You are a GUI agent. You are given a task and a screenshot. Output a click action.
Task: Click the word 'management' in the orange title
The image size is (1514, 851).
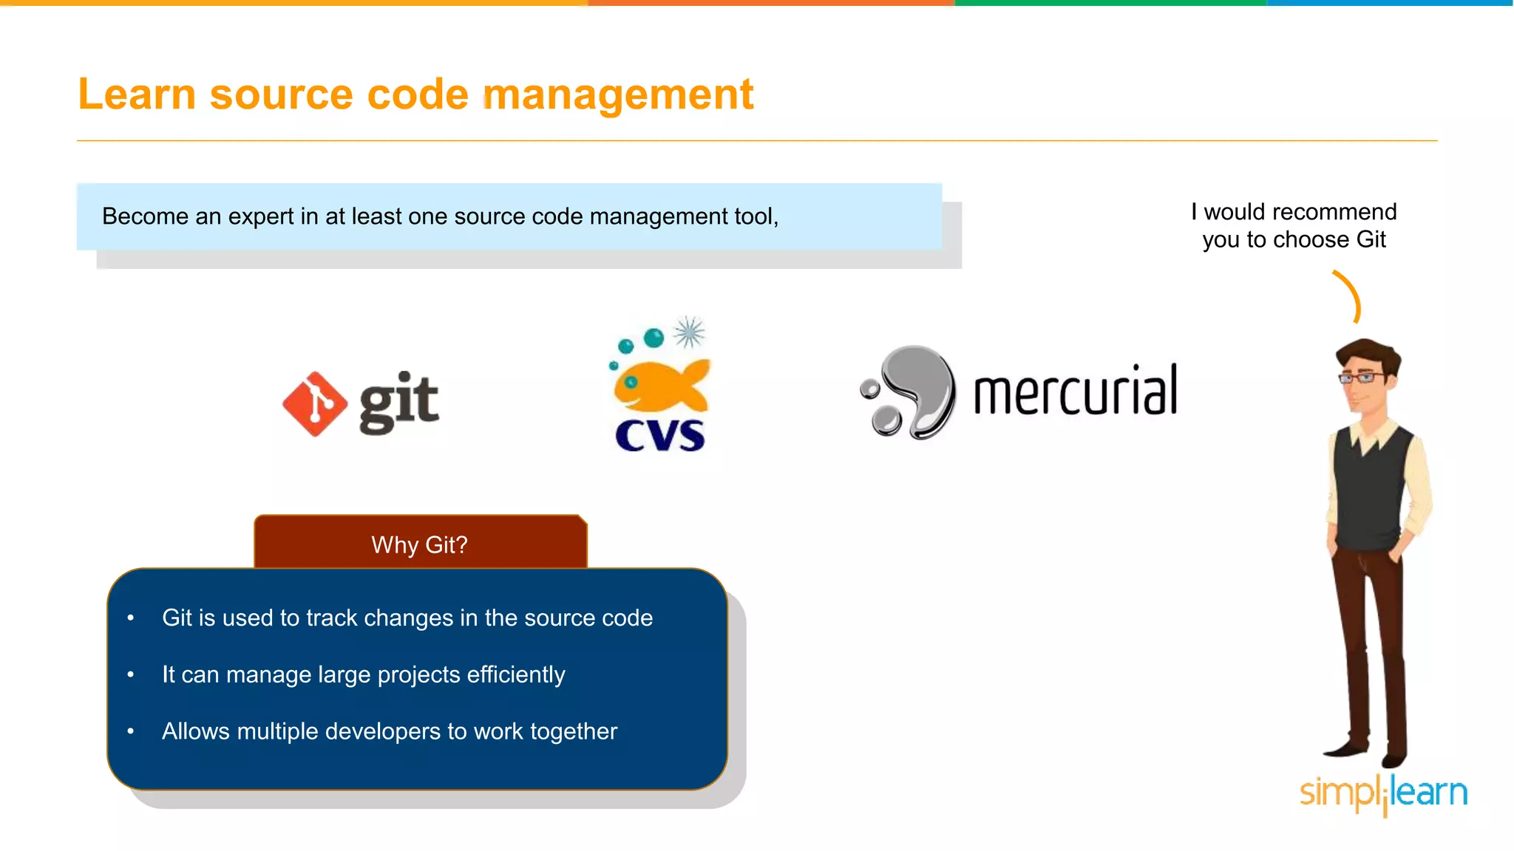pyautogui.click(x=618, y=95)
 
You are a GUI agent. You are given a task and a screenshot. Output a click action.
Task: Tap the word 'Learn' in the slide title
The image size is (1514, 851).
pyautogui.click(x=137, y=95)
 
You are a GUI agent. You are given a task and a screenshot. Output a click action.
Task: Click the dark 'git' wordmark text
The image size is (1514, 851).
pyautogui.click(x=399, y=403)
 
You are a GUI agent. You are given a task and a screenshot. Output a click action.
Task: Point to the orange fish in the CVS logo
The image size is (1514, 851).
pyautogui.click(x=660, y=385)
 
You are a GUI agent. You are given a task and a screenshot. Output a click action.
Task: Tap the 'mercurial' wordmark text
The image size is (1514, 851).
pyautogui.click(x=1076, y=391)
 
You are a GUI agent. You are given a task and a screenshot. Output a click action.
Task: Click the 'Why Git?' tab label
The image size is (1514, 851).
pyautogui.click(x=419, y=544)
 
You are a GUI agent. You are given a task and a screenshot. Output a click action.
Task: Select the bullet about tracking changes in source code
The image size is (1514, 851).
pyautogui.click(x=407, y=618)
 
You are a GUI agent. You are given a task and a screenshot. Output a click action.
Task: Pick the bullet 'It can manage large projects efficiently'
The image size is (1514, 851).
pyautogui.click(x=364, y=674)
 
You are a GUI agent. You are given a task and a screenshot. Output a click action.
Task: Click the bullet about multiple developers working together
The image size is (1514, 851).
pyautogui.click(x=390, y=731)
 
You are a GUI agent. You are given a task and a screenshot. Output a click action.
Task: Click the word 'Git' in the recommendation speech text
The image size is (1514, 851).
pyautogui.click(x=1371, y=239)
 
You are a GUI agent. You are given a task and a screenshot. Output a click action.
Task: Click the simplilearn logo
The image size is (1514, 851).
pyautogui.click(x=1383, y=793)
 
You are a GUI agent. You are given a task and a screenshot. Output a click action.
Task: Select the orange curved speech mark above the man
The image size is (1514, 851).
pyautogui.click(x=1350, y=296)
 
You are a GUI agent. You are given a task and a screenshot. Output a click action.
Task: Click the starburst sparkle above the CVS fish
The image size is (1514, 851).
pyautogui.click(x=689, y=332)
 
